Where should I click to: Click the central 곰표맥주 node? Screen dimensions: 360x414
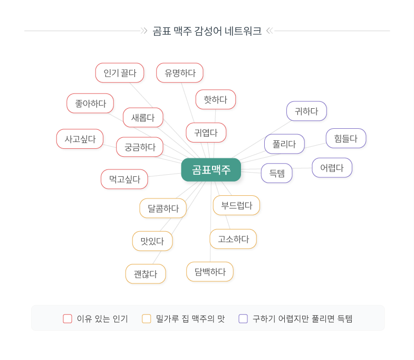(211, 169)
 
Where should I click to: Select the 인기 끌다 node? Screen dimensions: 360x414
(120, 73)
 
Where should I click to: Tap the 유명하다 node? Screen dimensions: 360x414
(180, 73)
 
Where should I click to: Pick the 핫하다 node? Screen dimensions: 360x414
(215, 99)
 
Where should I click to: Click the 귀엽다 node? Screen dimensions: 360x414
(206, 132)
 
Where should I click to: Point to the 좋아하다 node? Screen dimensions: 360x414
(90, 103)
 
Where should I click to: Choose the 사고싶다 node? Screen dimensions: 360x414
(80, 139)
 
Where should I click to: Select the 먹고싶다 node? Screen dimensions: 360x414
(124, 179)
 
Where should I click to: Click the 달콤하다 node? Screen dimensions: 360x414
(163, 208)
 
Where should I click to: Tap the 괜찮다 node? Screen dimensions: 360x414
(146, 274)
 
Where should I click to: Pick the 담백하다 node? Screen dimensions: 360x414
(210, 272)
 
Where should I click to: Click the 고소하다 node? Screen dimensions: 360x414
(233, 239)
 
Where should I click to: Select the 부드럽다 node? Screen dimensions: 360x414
(236, 205)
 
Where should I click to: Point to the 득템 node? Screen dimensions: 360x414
(277, 173)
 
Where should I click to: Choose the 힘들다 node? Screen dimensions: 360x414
(345, 138)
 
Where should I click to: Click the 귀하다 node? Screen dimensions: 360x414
(306, 111)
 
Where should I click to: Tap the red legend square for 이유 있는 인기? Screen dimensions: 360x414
(68, 318)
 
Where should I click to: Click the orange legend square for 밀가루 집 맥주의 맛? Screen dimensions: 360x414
(147, 318)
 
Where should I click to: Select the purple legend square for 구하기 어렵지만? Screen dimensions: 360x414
(243, 318)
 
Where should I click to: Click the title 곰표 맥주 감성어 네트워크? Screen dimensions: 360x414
(207, 31)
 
